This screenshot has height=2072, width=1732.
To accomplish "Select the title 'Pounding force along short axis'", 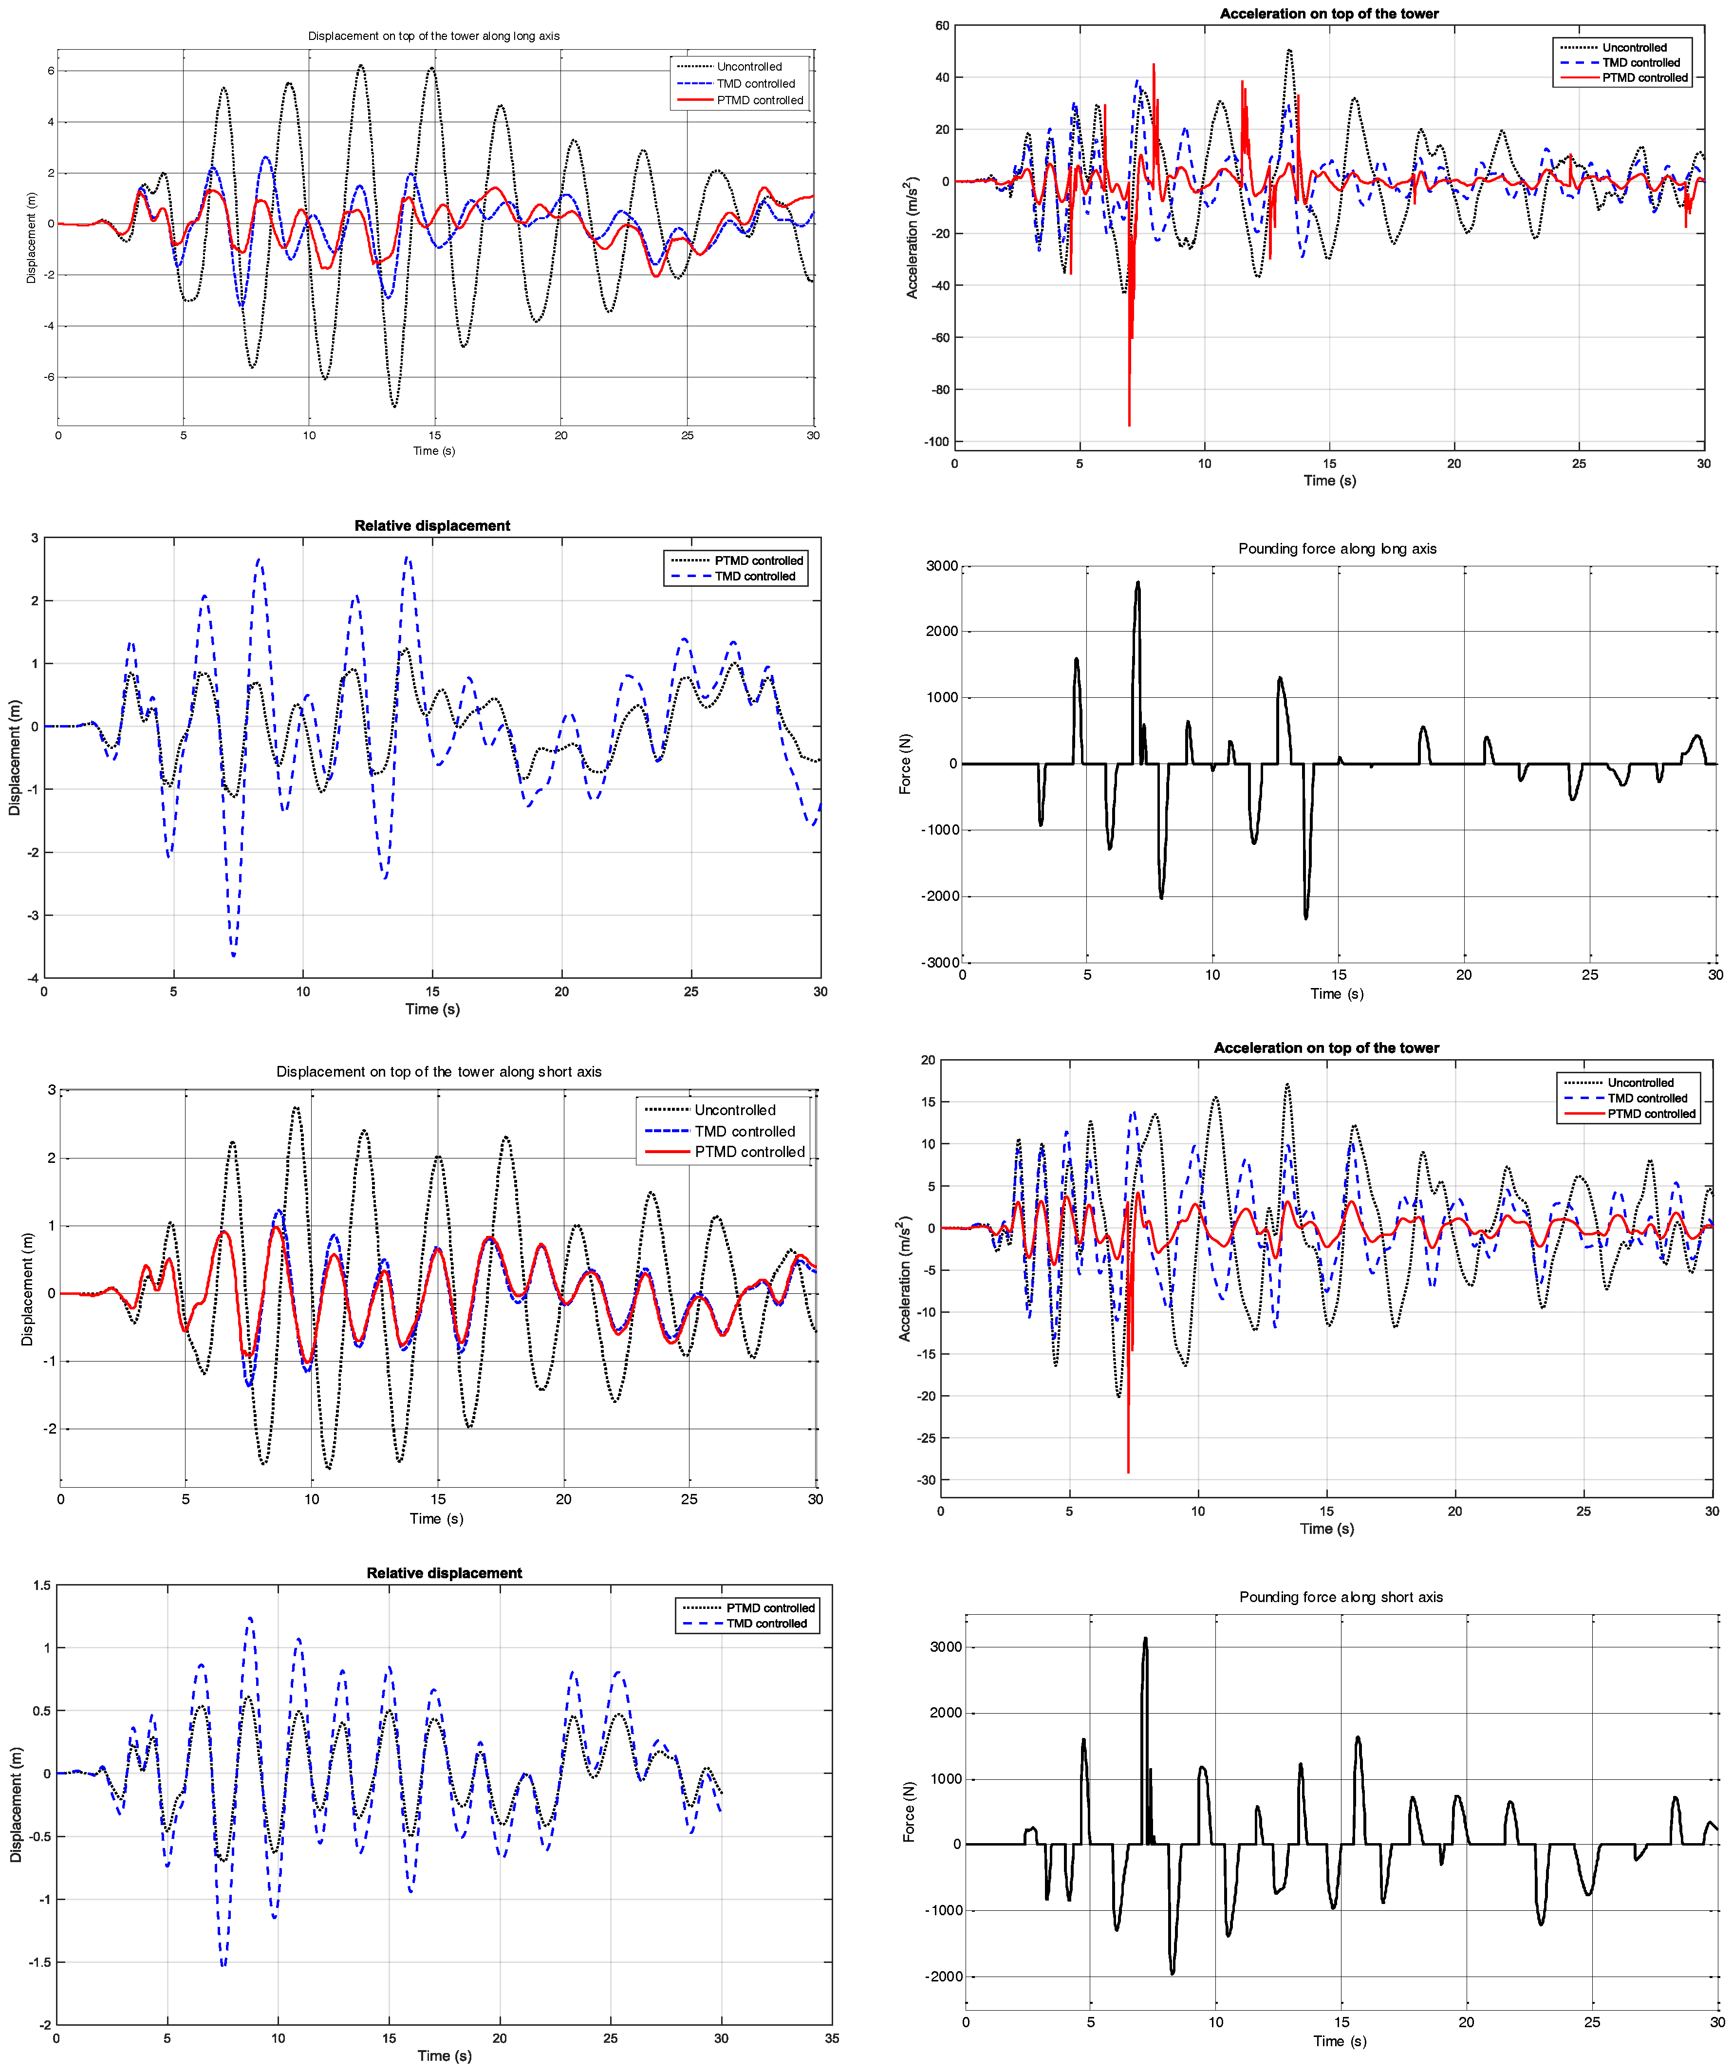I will (1341, 1596).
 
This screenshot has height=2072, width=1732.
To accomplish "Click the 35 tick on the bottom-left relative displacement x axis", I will (832, 2038).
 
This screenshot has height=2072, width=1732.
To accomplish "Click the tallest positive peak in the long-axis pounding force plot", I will (1137, 583).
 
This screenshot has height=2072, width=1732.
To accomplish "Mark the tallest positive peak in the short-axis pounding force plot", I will (1145, 1639).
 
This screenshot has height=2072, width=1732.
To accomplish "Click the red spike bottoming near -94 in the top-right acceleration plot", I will (1129, 424).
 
